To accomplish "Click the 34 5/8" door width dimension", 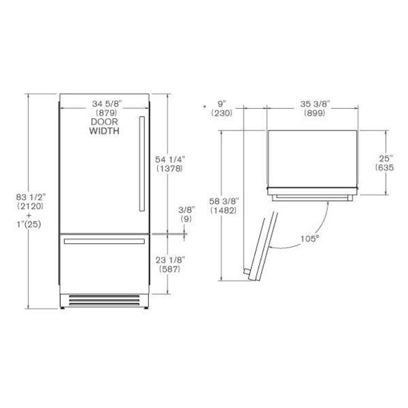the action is coord(107,104).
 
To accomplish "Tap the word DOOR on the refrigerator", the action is coord(104,122).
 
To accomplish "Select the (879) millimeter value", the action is coord(106,113).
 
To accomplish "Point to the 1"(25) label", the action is coord(29,224).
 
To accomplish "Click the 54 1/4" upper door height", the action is coord(170,159).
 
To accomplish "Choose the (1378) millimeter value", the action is coord(169,169).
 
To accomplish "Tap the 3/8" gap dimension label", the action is coord(186,209).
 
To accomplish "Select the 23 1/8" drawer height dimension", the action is coord(170,260).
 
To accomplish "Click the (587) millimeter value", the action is coord(169,269).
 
